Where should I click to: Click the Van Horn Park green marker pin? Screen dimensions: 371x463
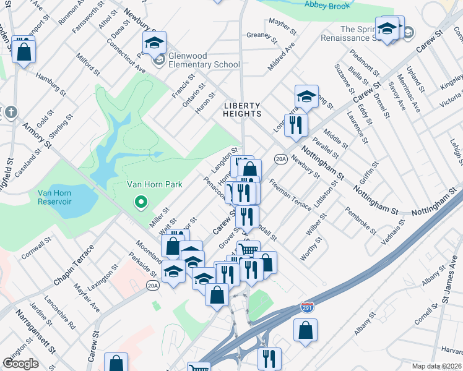(x=141, y=202)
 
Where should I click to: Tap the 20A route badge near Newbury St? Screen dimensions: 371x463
(x=280, y=160)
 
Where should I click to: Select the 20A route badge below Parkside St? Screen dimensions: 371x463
(x=153, y=284)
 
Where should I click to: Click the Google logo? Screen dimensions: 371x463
(x=20, y=364)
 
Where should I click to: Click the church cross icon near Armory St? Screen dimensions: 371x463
(x=11, y=113)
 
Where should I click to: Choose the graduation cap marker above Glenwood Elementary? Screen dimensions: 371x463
(x=154, y=43)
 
